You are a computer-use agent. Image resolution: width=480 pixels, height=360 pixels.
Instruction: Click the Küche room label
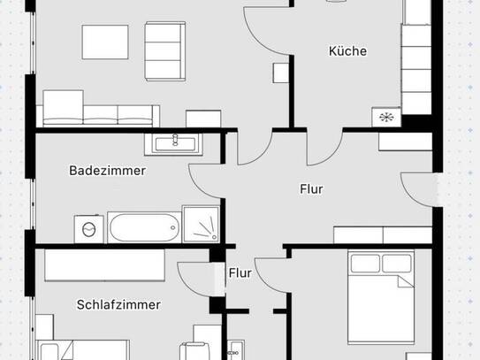pyautogui.click(x=347, y=50)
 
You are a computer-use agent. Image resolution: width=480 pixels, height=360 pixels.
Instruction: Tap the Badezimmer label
pyautogui.click(x=108, y=171)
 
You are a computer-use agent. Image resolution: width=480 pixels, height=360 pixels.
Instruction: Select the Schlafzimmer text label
pyautogui.click(x=118, y=304)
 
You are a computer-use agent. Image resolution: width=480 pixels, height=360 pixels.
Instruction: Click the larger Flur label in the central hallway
pyautogui.click(x=311, y=189)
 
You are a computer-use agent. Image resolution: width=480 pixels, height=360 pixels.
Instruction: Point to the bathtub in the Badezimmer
pyautogui.click(x=144, y=227)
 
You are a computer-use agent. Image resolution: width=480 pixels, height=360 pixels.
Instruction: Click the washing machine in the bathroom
pyautogui.click(x=88, y=229)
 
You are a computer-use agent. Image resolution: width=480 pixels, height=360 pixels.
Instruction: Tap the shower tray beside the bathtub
pyautogui.click(x=201, y=224)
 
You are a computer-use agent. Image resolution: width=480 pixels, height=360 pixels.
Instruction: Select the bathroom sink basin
pyautogui.click(x=175, y=144)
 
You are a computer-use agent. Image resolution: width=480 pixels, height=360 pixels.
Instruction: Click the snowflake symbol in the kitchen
pyautogui.click(x=386, y=117)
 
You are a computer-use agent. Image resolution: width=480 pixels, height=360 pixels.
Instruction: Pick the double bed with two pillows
pyautogui.click(x=381, y=296)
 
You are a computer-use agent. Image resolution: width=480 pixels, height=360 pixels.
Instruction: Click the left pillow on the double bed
pyautogui.click(x=365, y=264)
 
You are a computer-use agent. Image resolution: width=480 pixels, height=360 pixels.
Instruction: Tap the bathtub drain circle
pyautogui.click(x=173, y=227)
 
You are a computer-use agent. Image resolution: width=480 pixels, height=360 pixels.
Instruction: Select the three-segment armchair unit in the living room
pyautogui.click(x=165, y=51)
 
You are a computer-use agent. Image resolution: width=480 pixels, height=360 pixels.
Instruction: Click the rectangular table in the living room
pyautogui.click(x=105, y=42)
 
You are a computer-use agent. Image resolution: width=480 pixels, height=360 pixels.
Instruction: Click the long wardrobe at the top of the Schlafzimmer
pyautogui.click(x=104, y=265)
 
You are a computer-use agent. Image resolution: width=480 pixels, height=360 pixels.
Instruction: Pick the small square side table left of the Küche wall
pyautogui.click(x=281, y=73)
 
